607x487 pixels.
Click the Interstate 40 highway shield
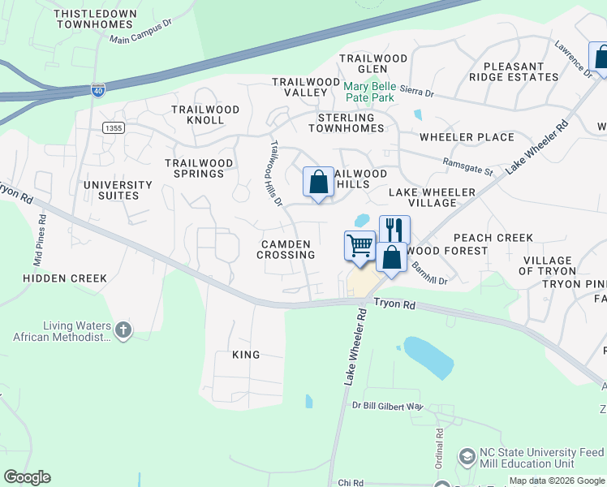point(97,91)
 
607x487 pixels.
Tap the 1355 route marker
point(114,128)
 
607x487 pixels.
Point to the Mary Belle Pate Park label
point(368,92)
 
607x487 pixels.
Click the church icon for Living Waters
point(123,330)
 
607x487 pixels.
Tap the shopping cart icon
point(359,244)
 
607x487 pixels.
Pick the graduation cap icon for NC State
point(467,457)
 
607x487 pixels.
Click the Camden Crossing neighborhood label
point(286,249)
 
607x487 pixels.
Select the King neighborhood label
point(246,355)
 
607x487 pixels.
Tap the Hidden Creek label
point(65,278)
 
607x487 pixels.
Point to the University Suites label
point(118,190)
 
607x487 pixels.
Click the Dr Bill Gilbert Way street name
point(387,406)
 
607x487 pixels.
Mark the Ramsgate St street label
point(468,166)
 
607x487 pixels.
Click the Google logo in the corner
point(27,477)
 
